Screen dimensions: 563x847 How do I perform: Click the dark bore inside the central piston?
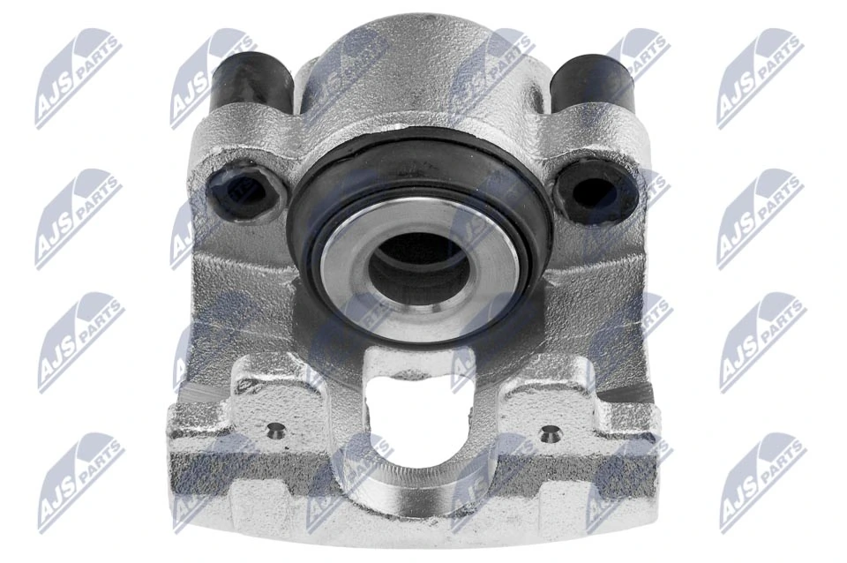tap(418, 265)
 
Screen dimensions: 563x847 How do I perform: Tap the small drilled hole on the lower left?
tap(276, 432)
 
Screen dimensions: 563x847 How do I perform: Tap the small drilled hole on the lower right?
tap(551, 432)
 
